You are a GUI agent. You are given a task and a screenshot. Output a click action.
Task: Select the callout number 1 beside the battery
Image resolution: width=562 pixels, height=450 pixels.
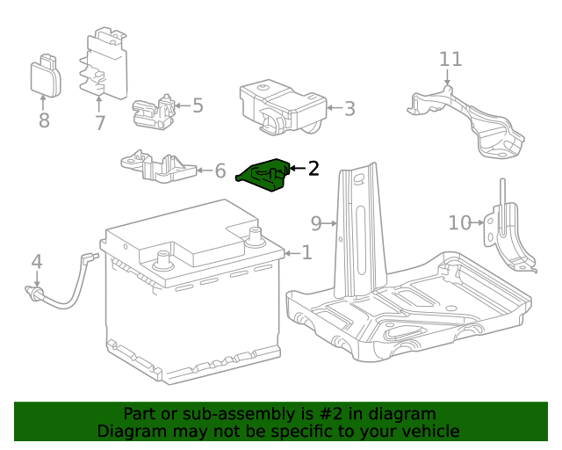pyautogui.click(x=306, y=253)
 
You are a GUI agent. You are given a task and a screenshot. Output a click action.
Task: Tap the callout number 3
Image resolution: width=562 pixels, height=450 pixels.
pyautogui.click(x=349, y=109)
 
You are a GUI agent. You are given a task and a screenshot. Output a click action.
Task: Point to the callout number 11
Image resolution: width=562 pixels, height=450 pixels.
pyautogui.click(x=450, y=59)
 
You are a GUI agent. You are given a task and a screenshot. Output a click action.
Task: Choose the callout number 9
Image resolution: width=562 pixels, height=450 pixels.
pyautogui.click(x=317, y=222)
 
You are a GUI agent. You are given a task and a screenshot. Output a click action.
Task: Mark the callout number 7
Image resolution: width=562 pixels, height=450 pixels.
pyautogui.click(x=100, y=122)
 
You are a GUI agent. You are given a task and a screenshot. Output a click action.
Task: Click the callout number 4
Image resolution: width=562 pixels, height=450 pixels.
pyautogui.click(x=36, y=261)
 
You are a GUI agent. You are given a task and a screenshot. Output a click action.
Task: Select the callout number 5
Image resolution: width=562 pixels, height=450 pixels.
pyautogui.click(x=198, y=105)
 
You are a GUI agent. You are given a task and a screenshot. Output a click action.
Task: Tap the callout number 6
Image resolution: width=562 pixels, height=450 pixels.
pyautogui.click(x=220, y=170)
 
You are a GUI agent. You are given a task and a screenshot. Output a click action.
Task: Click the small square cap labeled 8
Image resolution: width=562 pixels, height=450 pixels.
pyautogui.click(x=47, y=76)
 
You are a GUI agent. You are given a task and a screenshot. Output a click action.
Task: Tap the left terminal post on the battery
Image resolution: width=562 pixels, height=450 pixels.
pyautogui.click(x=162, y=259)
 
